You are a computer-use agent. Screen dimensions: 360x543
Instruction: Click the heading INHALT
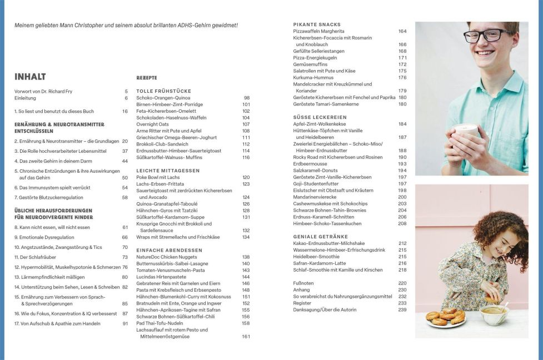coord(30,77)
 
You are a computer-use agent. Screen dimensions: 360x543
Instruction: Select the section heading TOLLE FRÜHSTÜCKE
coord(163,91)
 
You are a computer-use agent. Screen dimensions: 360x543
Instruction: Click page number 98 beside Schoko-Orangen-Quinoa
coord(246,97)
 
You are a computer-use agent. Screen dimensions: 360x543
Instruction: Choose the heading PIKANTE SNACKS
coord(317,24)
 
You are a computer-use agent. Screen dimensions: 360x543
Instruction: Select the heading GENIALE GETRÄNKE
coord(320,236)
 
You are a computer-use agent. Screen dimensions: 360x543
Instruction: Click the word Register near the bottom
coord(302,303)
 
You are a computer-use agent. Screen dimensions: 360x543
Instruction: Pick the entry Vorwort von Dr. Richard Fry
coord(43,91)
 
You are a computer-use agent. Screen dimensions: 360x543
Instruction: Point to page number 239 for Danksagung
coord(402,309)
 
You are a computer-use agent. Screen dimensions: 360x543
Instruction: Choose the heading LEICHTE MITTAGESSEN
coord(168,170)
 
